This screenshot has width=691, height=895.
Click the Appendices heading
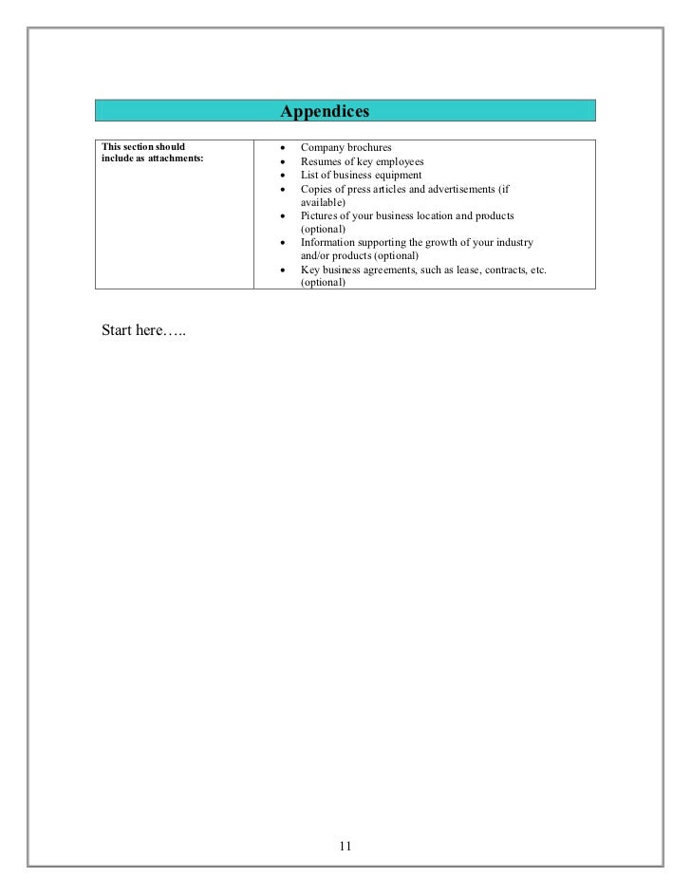coord(324,112)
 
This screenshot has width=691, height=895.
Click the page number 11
coord(345,847)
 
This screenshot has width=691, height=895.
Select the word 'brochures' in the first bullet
coord(367,148)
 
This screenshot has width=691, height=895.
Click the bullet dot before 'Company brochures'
coord(285,149)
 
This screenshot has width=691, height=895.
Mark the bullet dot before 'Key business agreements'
coord(285,270)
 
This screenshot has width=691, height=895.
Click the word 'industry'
coord(513,243)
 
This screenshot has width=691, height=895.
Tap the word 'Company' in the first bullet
coord(321,148)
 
